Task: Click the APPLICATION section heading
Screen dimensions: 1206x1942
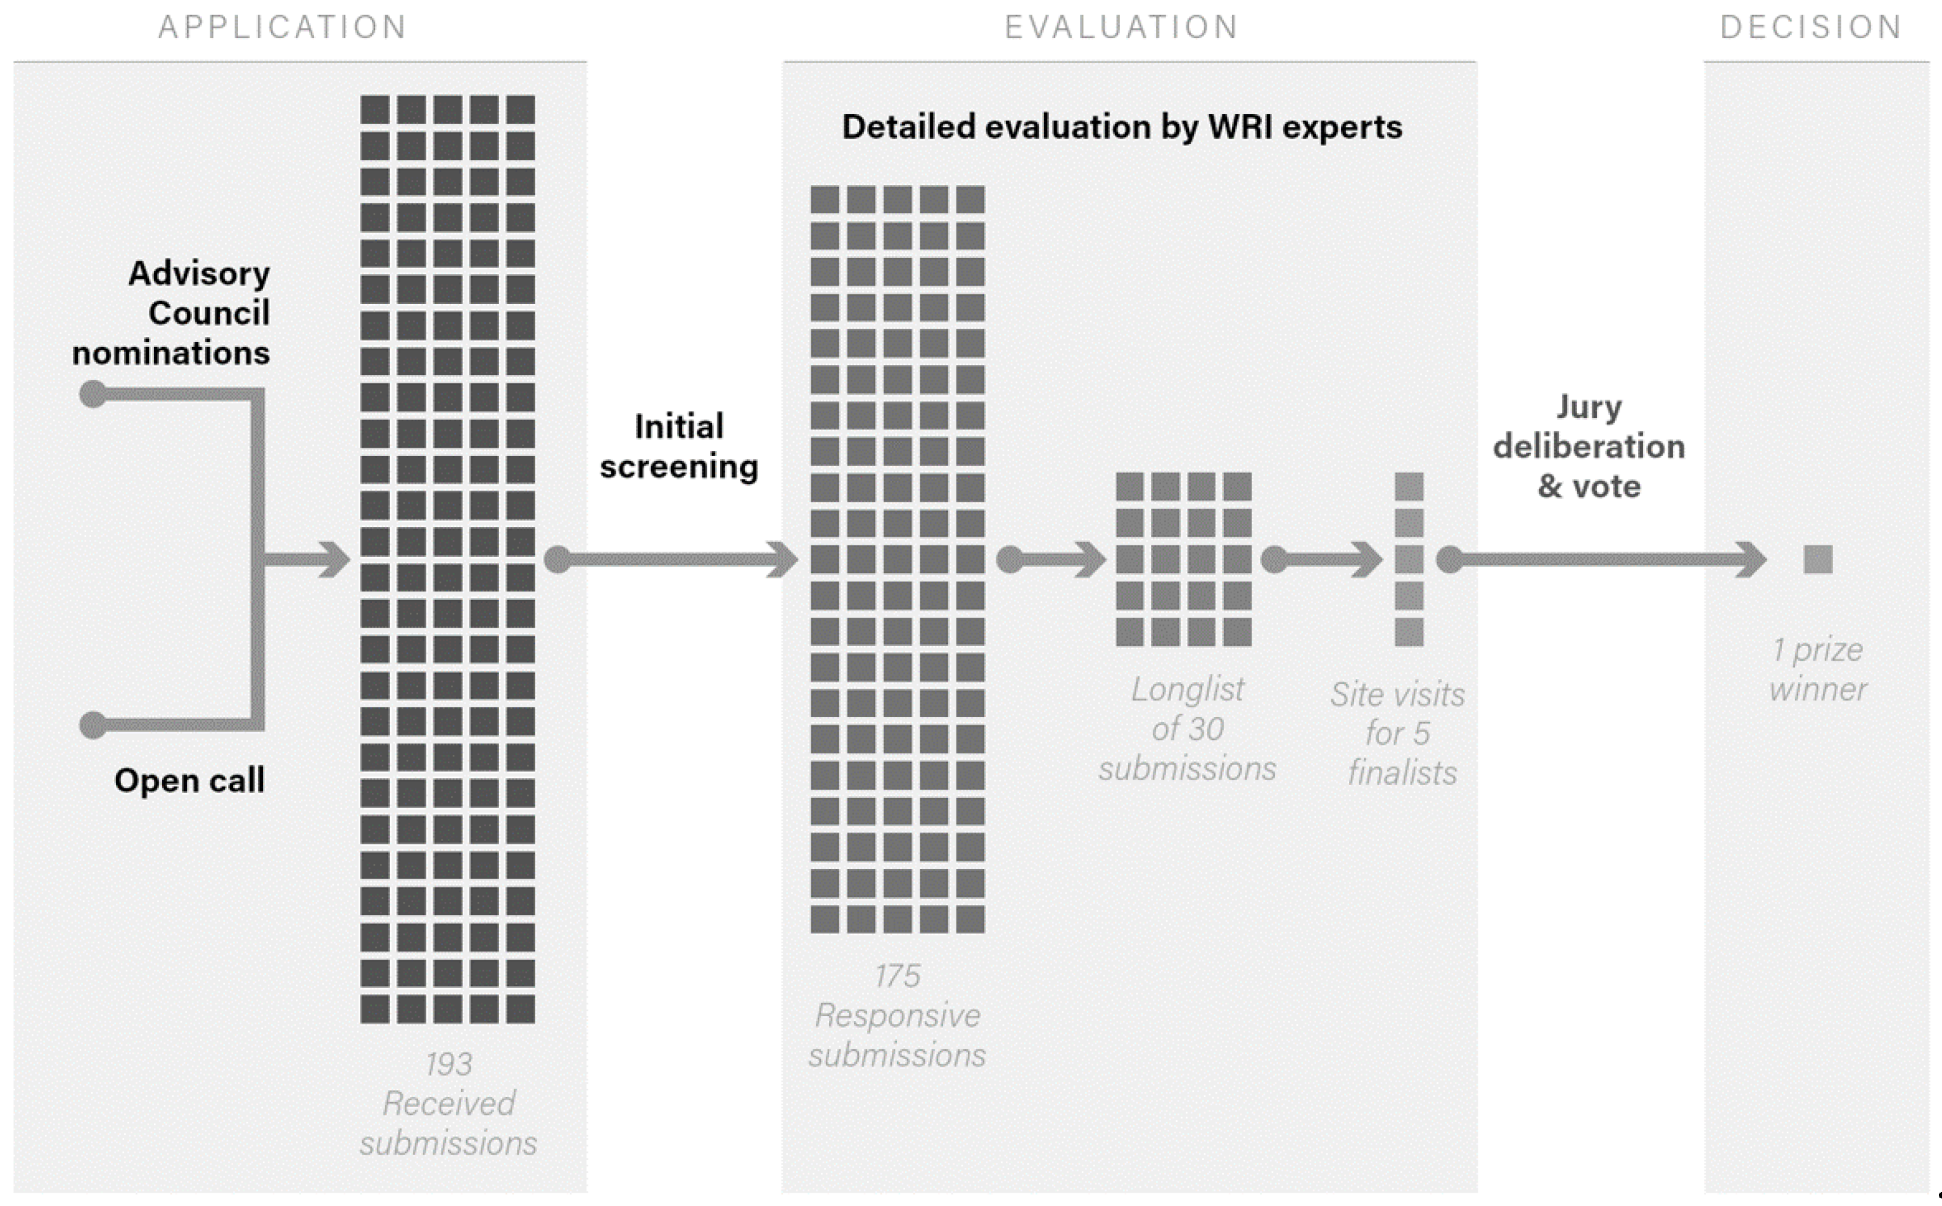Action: pos(283,28)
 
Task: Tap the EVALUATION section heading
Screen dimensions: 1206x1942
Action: pos(1121,28)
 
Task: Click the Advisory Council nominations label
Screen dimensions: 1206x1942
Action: pos(172,313)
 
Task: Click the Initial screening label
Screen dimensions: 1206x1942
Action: pos(679,447)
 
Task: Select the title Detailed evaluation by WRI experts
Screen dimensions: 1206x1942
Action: pos(1121,127)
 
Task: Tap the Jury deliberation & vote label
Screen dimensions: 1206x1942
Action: pos(1589,447)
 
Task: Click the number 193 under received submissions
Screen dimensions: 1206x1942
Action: pos(448,1064)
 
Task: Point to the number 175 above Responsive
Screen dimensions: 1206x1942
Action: pos(898,976)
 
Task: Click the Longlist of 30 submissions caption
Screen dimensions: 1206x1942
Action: pos(1187,729)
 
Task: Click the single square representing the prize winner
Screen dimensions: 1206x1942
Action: pos(1818,560)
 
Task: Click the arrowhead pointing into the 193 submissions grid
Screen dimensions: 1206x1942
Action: pos(335,559)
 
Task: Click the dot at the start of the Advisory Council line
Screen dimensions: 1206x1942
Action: pos(93,394)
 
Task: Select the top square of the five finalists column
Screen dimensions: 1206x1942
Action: pos(1409,486)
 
